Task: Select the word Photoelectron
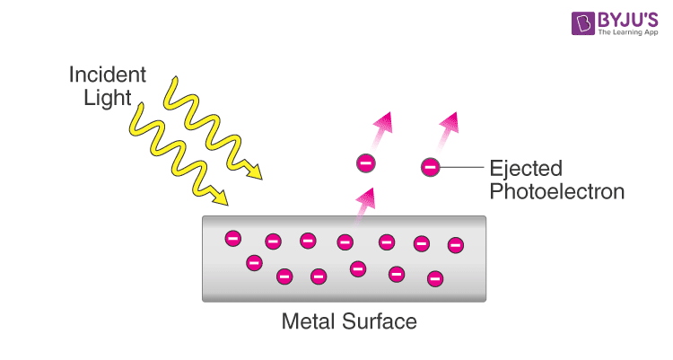tap(556, 191)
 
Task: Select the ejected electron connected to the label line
tap(431, 166)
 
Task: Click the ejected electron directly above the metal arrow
tap(365, 163)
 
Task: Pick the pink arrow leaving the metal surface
tap(366, 204)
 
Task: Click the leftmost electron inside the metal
tap(232, 238)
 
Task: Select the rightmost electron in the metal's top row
tap(455, 244)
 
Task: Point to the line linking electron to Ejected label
tap(461, 167)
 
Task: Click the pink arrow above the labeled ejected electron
tap(448, 129)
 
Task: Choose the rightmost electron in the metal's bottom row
tap(435, 278)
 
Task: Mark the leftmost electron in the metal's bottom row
tap(254, 263)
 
